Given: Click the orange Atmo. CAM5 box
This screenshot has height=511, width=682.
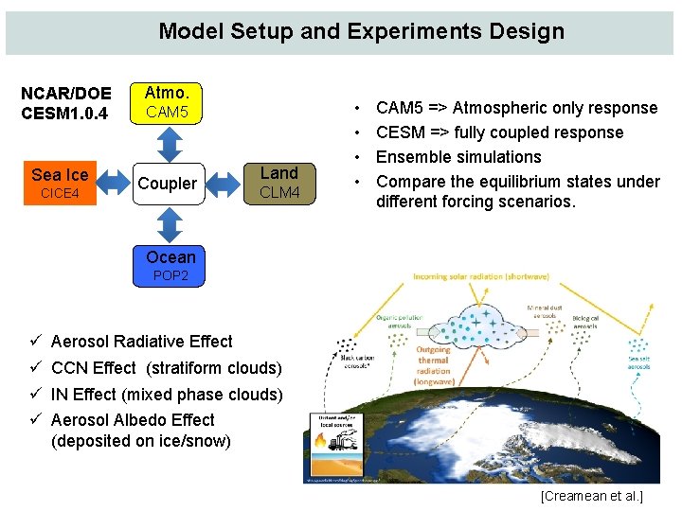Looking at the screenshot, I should (x=167, y=102).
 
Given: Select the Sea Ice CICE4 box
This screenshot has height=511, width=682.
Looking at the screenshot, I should (x=60, y=184).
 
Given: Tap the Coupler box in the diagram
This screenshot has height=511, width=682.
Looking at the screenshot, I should (x=167, y=184).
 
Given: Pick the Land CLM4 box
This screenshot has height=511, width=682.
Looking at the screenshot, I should (x=278, y=184).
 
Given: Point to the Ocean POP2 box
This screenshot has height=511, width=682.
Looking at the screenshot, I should (x=170, y=265).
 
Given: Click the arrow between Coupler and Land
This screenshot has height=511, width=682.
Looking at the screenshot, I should (x=224, y=184).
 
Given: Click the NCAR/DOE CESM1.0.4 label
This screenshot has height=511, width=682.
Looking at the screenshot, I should (x=66, y=103).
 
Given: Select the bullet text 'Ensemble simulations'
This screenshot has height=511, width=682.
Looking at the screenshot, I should (x=458, y=157).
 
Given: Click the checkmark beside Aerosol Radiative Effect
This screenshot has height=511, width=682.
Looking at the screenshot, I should (x=34, y=341).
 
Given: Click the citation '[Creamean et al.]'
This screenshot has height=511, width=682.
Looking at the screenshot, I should (x=591, y=496).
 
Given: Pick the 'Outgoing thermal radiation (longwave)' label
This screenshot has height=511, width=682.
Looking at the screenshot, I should (x=433, y=364).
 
